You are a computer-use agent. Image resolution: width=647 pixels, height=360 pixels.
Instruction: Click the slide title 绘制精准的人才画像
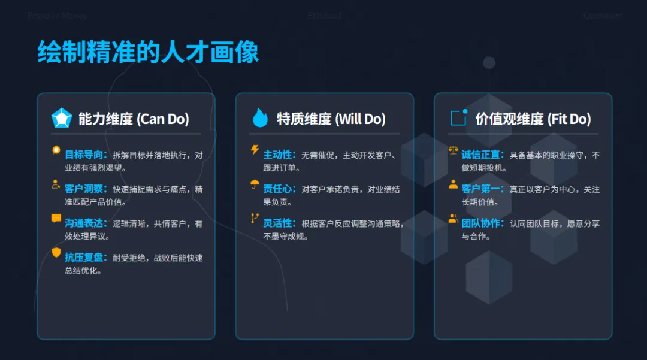(148, 53)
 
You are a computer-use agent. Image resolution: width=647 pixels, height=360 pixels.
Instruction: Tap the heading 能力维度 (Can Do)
(134, 119)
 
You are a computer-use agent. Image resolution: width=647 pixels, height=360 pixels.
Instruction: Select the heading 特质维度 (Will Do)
(331, 119)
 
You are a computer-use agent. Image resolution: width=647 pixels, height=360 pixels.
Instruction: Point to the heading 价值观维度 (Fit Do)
(533, 119)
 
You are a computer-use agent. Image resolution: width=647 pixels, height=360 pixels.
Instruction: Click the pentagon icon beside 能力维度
(61, 118)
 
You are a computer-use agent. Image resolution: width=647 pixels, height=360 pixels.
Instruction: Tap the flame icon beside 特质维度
(260, 118)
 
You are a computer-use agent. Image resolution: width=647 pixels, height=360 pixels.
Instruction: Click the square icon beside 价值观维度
(458, 117)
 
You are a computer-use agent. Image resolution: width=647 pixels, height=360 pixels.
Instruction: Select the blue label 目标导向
(86, 155)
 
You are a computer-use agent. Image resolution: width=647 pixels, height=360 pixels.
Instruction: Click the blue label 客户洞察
(86, 189)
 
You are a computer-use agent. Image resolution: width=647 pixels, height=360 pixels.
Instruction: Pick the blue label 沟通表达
(86, 223)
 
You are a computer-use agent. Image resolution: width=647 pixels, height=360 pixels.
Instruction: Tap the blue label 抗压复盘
(86, 258)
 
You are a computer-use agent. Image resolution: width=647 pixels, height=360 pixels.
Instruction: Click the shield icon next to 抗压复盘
(56, 253)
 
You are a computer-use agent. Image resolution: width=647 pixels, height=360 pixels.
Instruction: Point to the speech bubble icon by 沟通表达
(56, 219)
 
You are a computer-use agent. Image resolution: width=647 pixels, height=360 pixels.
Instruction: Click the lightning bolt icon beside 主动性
(255, 150)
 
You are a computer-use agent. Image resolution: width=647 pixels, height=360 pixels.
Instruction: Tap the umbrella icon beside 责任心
(255, 184)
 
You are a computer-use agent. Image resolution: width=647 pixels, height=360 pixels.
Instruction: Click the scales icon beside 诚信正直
(453, 151)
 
